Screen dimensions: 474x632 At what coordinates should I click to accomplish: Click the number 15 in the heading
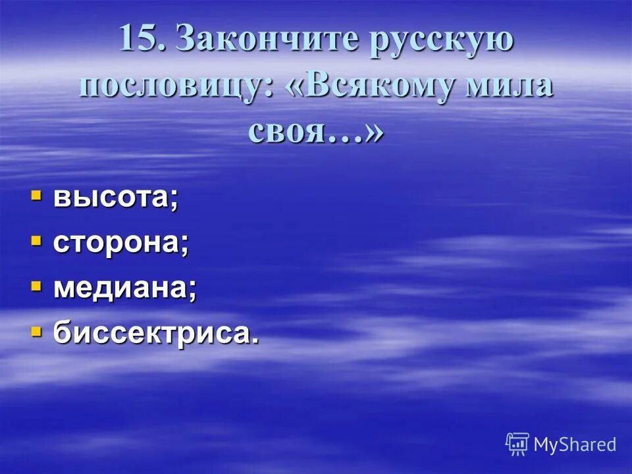[140, 39]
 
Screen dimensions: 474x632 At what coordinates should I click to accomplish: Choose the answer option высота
[115, 197]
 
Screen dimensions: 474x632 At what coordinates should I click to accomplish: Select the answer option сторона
[121, 243]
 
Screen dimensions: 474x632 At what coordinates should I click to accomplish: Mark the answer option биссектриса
[155, 333]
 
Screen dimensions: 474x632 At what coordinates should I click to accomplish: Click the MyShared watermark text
[575, 444]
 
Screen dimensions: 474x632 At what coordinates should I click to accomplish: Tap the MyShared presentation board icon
[517, 444]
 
